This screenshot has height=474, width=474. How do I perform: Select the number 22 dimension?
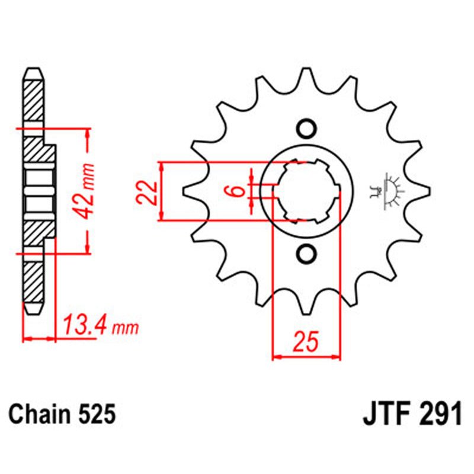[x=148, y=191]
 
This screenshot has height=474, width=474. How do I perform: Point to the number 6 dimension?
[x=236, y=191]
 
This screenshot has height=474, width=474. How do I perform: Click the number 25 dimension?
[x=306, y=342]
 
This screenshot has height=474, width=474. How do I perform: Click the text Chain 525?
[x=61, y=414]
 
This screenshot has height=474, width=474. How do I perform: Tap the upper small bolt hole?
[x=306, y=129]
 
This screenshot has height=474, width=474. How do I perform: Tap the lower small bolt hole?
[x=306, y=254]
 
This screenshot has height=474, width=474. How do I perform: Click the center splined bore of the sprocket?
[x=306, y=191]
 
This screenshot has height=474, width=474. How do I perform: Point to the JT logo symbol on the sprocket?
[x=392, y=191]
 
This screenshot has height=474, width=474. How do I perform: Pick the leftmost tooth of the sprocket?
[x=188, y=191]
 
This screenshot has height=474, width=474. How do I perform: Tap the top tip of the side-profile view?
[x=34, y=71]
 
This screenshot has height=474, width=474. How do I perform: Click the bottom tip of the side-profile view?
[x=34, y=312]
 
